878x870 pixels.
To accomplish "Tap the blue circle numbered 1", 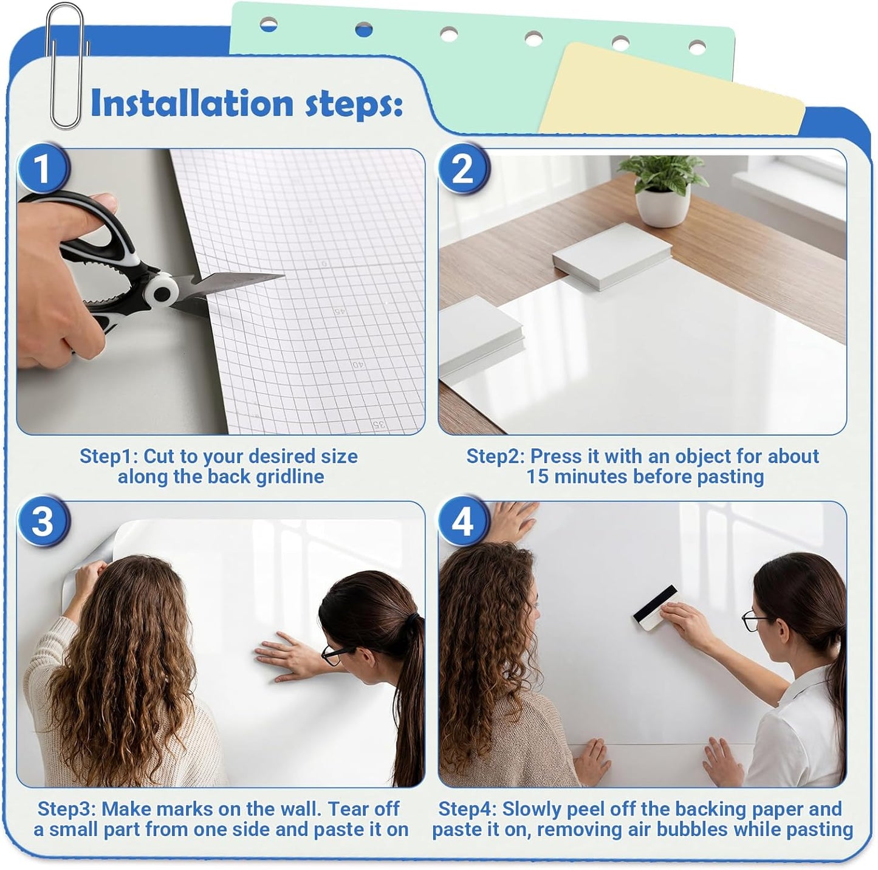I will pyautogui.click(x=42, y=168).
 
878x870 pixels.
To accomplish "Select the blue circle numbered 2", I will pyautogui.click(x=463, y=168).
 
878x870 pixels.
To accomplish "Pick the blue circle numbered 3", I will pyautogui.click(x=42, y=521).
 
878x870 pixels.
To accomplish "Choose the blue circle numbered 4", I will pyautogui.click(x=463, y=521).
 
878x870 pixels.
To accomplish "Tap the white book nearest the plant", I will pyautogui.click(x=611, y=253).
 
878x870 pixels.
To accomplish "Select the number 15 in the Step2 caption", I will pyautogui.click(x=537, y=477).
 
